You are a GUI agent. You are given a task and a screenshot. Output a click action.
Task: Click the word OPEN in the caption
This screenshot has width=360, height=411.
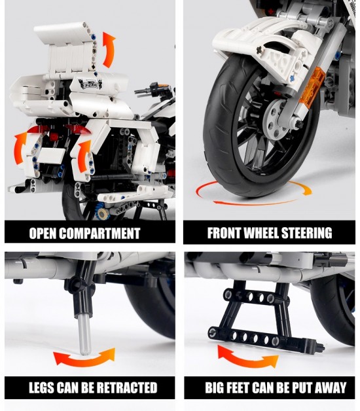click(x=43, y=233)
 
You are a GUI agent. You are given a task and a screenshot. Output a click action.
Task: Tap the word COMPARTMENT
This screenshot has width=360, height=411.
click(x=99, y=233)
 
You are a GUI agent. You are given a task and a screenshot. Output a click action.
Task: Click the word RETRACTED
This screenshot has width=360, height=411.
click(x=126, y=387)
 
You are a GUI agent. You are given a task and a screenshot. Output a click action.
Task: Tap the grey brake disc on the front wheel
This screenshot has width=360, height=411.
click(x=276, y=118)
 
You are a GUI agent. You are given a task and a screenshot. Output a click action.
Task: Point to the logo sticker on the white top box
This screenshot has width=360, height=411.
click(x=90, y=84)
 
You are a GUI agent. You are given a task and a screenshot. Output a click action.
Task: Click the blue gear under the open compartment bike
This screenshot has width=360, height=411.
click(x=103, y=213)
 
